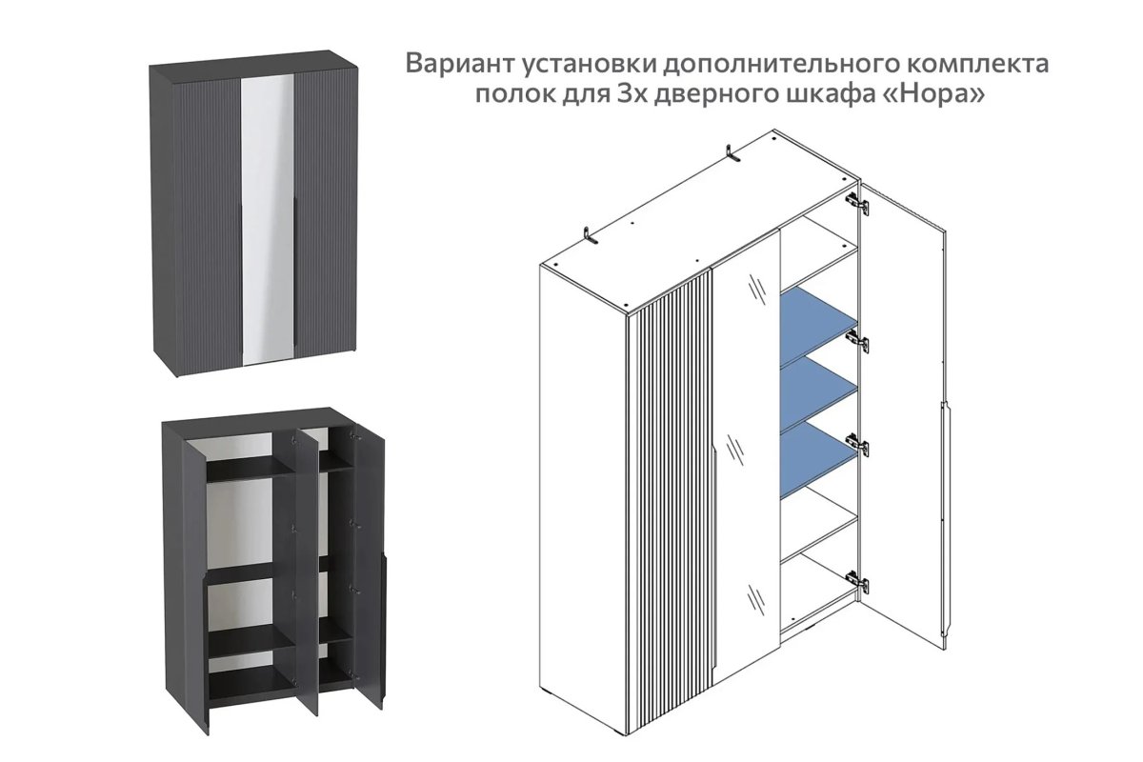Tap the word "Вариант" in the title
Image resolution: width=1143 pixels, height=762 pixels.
click(x=462, y=65)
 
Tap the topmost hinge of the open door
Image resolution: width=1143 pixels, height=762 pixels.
click(x=857, y=201)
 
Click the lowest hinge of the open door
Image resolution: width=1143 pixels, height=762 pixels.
click(x=857, y=579)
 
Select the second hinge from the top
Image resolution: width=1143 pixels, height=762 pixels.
click(x=857, y=340)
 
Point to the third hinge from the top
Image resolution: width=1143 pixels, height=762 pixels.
click(x=857, y=443)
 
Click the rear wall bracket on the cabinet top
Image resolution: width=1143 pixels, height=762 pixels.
click(x=733, y=154)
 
